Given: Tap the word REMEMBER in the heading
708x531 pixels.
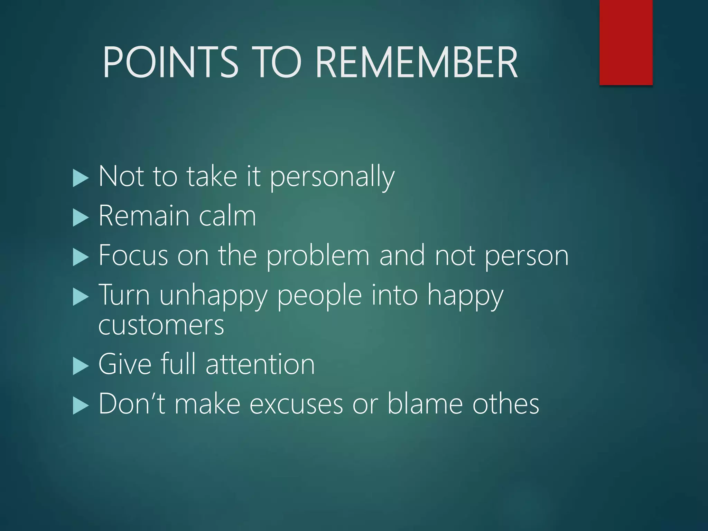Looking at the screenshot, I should pos(416,63).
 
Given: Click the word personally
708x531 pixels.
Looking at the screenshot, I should pos(332,177).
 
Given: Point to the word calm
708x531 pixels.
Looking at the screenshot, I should pos(227,216).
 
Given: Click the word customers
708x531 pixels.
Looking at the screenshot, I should pos(161,326).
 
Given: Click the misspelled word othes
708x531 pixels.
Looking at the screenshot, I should pos(505,404).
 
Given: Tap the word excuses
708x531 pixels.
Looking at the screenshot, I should pos(296,404).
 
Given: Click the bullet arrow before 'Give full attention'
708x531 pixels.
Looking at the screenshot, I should pos(81,366).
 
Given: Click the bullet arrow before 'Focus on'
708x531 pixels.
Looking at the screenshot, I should pos(81,258).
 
